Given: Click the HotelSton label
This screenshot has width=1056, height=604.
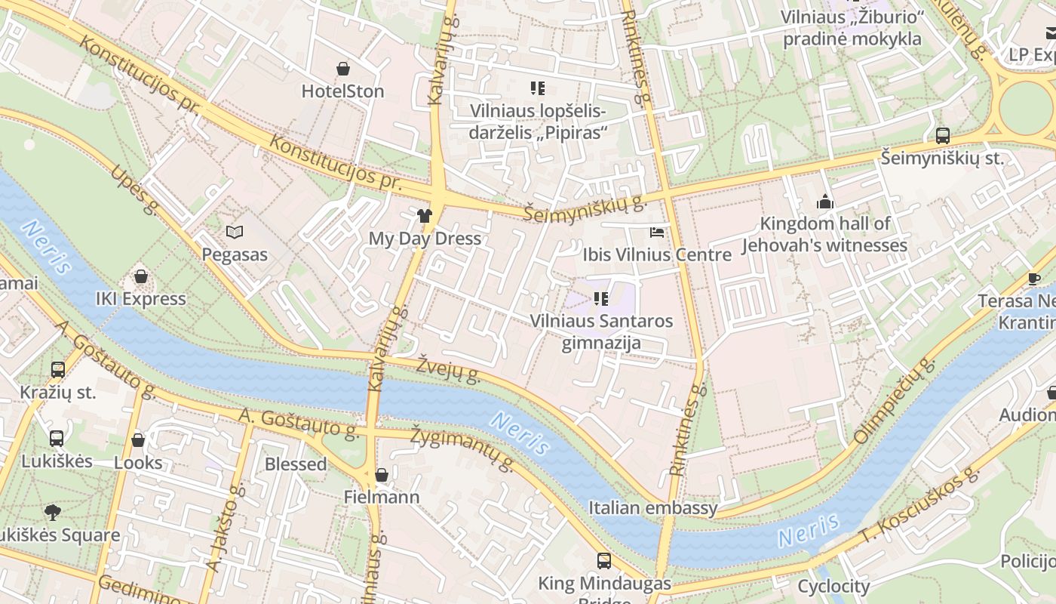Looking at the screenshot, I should (342, 91).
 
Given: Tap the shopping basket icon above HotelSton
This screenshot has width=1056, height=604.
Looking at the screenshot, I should (343, 69).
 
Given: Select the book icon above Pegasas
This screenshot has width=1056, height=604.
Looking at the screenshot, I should (235, 233).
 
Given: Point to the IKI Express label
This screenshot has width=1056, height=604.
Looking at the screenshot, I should (140, 299).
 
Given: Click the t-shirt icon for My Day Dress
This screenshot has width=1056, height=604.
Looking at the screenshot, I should (424, 217).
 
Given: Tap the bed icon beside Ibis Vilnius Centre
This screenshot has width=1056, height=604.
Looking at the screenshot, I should (657, 233).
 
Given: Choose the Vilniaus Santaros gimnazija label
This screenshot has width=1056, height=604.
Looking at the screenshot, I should (601, 331).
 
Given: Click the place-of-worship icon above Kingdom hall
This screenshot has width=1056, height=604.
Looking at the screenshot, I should (824, 202).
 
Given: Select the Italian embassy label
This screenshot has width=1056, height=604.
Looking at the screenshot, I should (652, 508).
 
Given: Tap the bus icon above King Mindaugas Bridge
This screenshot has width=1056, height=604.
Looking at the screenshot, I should (604, 561).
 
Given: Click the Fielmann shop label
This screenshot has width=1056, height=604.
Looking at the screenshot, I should (382, 498).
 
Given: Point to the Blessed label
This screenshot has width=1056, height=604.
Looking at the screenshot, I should (296, 464).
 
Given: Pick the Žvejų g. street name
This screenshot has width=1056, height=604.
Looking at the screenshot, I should (448, 368).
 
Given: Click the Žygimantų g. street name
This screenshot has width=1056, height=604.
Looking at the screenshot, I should (462, 446).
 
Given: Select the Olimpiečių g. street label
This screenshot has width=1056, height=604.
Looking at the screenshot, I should (894, 400).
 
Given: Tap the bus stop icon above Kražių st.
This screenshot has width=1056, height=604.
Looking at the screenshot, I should (58, 370).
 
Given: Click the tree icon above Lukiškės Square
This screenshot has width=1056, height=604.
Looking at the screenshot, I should (52, 513).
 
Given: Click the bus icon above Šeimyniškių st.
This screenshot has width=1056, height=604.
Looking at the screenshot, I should (943, 136).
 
